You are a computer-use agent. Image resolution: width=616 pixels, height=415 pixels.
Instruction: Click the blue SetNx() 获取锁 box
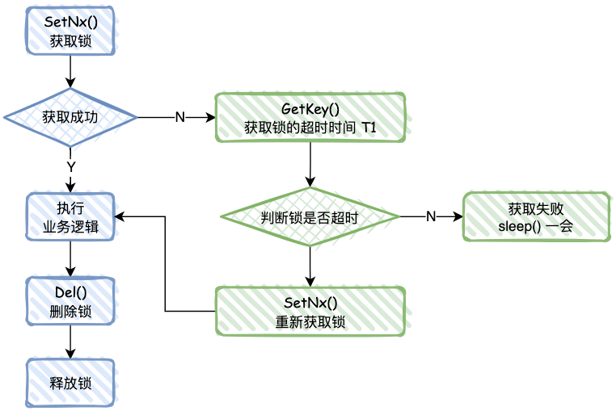tap(70, 31)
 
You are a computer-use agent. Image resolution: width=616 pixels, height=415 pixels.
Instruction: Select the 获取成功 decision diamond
tap(70, 117)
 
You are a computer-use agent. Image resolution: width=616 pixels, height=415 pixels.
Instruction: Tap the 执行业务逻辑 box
tap(70, 216)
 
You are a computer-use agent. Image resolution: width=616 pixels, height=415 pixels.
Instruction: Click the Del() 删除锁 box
tap(70, 300)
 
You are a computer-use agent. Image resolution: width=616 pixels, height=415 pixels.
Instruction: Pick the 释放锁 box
tap(70, 382)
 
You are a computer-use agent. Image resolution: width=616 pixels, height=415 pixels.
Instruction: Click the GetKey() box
tap(310, 118)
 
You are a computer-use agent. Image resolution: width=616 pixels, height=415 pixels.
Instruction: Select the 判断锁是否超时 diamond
tap(310, 216)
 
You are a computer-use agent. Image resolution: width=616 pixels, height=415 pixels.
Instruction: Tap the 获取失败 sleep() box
tap(536, 216)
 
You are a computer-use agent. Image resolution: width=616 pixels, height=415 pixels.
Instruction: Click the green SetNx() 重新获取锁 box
tap(310, 312)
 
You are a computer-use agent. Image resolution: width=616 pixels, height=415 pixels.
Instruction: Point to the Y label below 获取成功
tap(70, 166)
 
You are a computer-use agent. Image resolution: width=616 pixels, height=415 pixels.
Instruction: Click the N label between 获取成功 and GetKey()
tap(179, 117)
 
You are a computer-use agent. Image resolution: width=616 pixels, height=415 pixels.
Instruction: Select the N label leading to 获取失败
tap(431, 216)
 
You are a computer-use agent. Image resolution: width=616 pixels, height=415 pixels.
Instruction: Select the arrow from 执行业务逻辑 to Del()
tap(70, 258)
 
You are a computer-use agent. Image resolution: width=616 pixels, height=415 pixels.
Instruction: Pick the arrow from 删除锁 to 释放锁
tap(70, 341)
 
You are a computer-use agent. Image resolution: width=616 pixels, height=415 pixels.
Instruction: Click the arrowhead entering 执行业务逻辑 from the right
tap(120, 216)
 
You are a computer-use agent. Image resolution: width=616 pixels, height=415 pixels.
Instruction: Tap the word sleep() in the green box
tap(520, 226)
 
